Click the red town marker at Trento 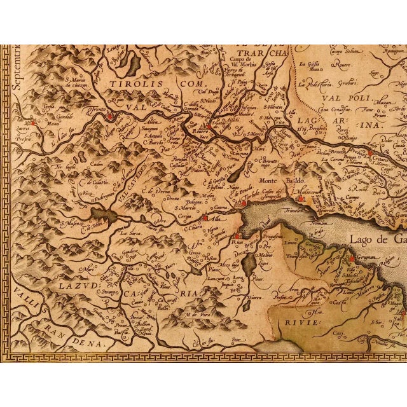[109, 116]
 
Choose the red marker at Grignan [350, 259]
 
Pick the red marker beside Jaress [32, 122]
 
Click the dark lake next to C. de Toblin [102, 215]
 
